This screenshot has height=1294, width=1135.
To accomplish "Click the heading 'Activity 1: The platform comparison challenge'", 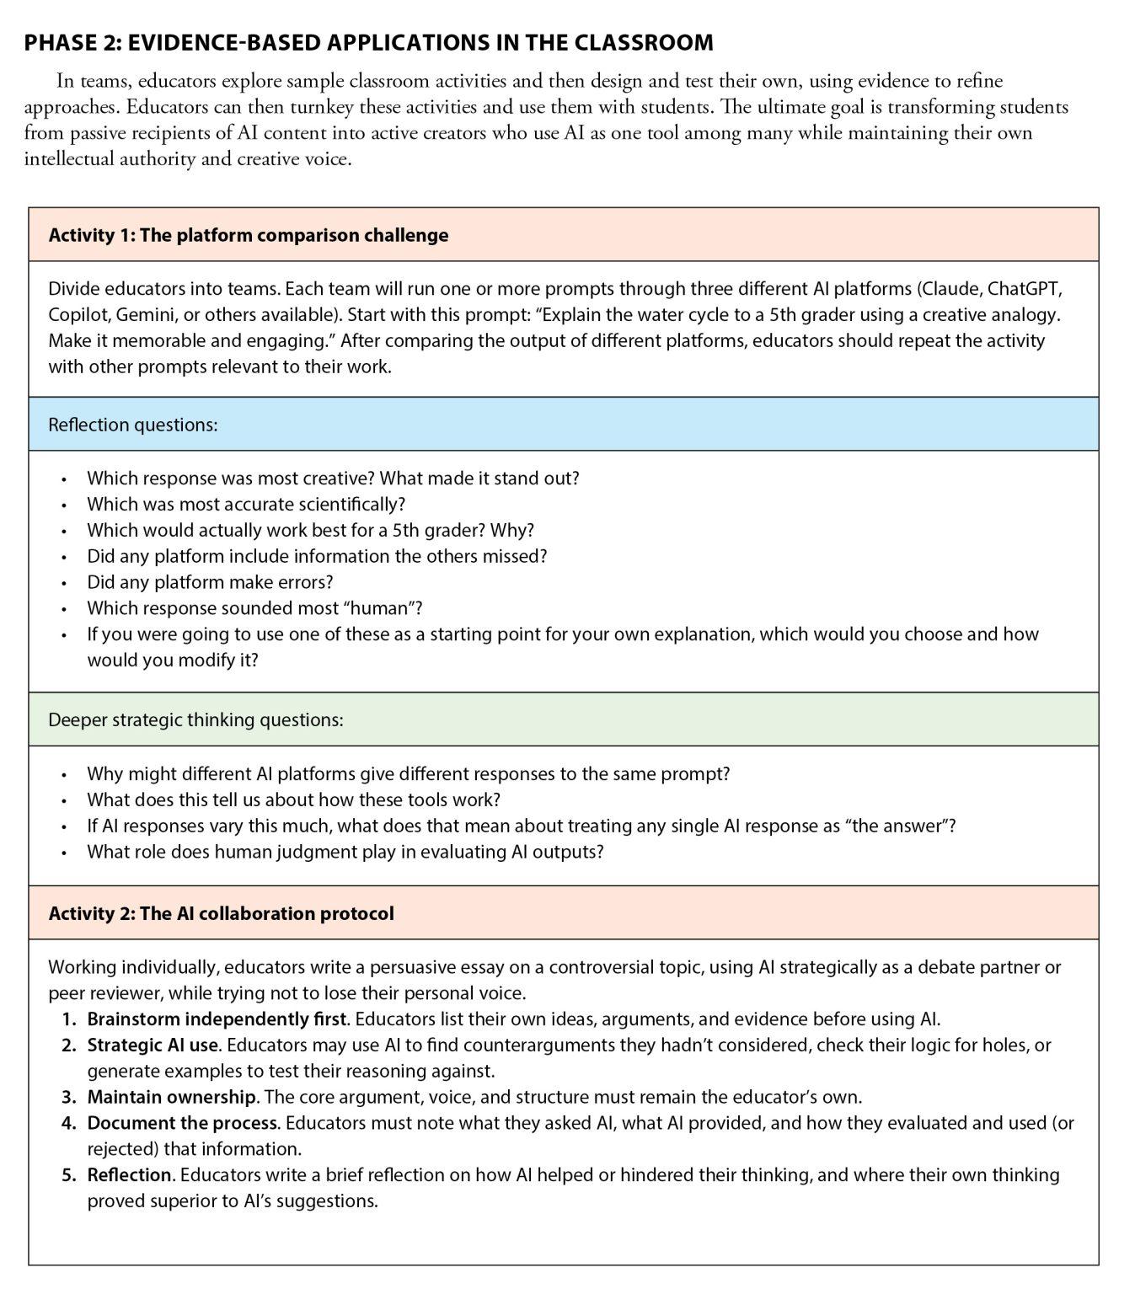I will (x=249, y=235).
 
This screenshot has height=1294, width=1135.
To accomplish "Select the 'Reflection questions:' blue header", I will (x=133, y=425).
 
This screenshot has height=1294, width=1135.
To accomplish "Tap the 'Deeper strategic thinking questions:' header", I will (x=195, y=719).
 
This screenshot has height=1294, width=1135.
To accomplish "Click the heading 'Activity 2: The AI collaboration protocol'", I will (x=221, y=913).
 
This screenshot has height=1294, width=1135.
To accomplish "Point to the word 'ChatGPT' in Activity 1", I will (x=1024, y=289).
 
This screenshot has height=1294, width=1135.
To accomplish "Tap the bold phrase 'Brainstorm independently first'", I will (x=217, y=1019).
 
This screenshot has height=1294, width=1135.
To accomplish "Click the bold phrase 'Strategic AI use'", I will (x=153, y=1045).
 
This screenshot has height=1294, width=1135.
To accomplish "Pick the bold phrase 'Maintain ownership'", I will (x=172, y=1097).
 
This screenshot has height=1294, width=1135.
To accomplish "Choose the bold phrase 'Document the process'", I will (x=182, y=1123).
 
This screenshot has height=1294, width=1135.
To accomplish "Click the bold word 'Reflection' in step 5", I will (x=130, y=1174).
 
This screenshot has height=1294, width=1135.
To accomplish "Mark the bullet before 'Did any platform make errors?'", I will (x=63, y=583).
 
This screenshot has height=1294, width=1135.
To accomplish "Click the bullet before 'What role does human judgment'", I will (x=63, y=853).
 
